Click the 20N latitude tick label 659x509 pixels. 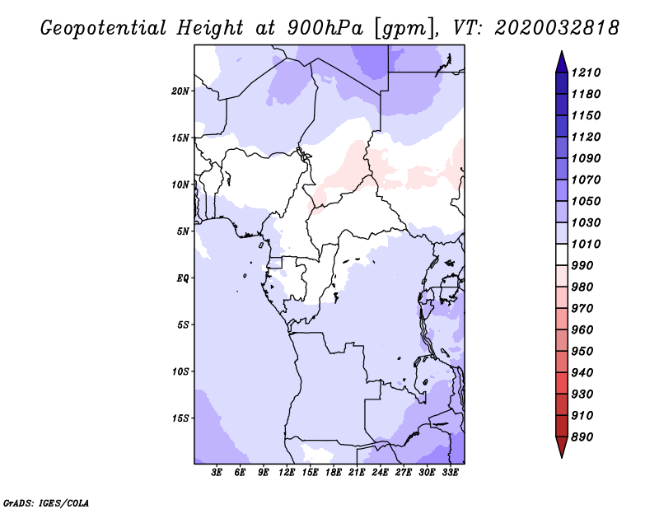180,91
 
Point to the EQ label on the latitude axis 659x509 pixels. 182,278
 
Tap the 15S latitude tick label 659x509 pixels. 180,418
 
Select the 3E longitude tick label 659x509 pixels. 217,474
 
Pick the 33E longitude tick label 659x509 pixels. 451,474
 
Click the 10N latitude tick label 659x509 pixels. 180,184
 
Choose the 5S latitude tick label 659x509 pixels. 182,325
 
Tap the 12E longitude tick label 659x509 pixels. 287,474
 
